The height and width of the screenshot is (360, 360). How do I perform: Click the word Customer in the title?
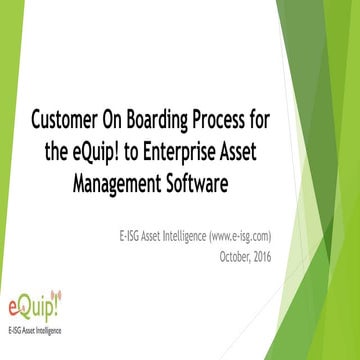pos(65,121)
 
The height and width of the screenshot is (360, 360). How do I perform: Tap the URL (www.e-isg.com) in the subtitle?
pos(236,236)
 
